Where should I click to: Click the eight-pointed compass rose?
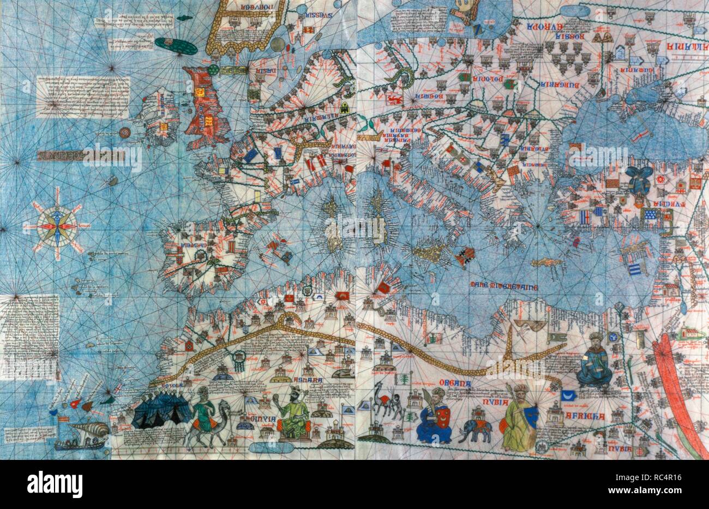[x=57, y=225]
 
